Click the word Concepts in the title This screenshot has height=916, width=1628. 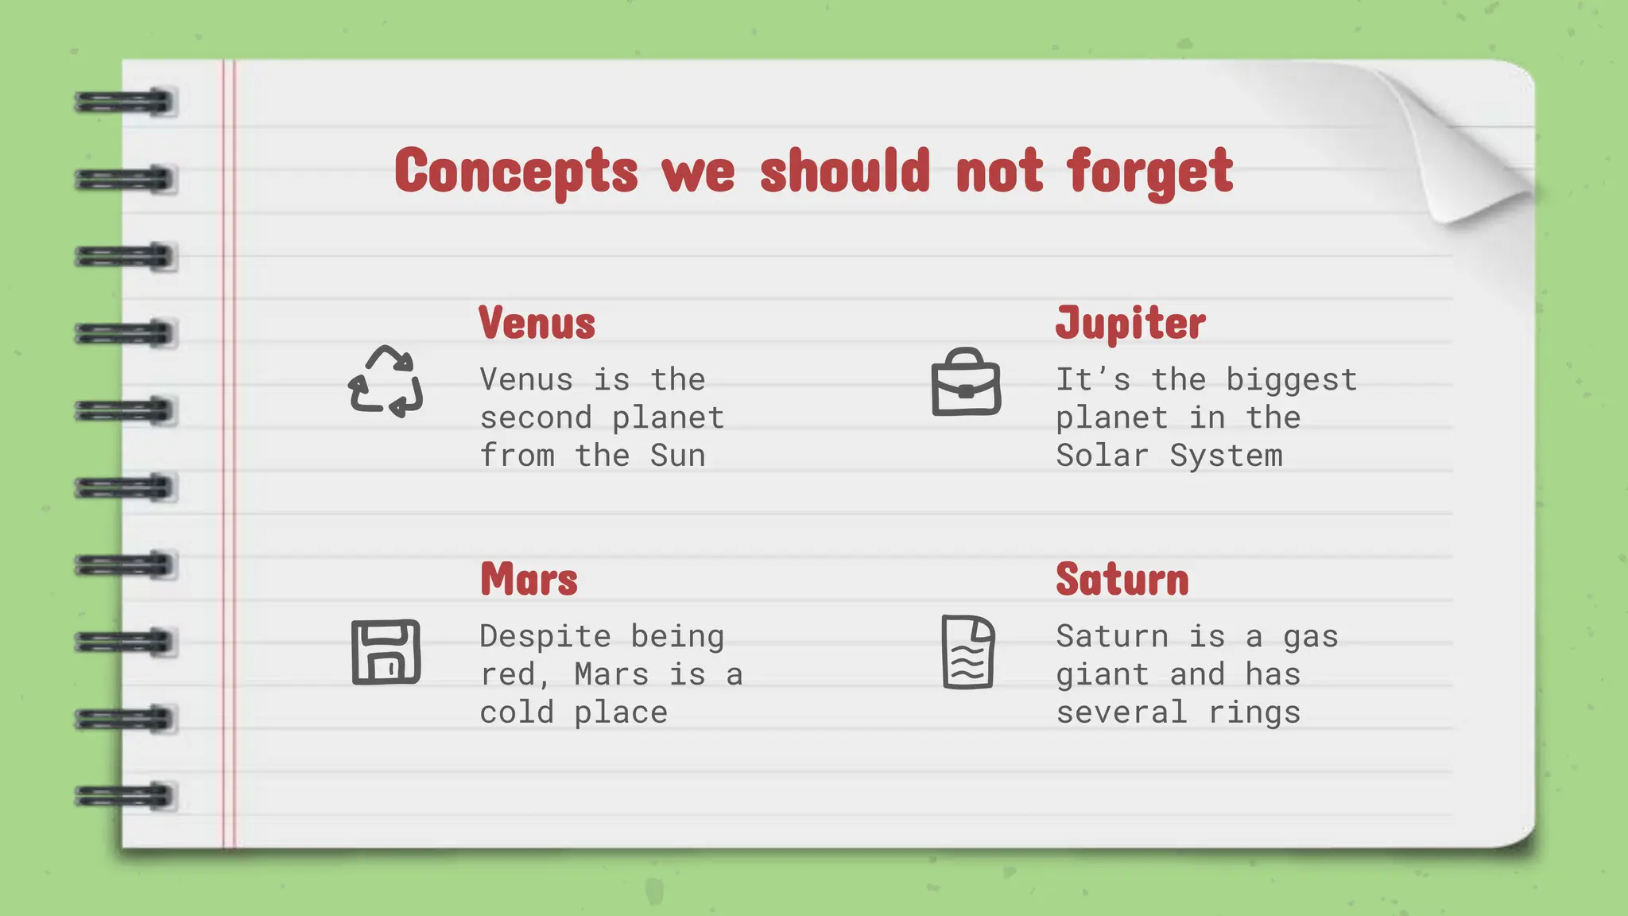(516, 171)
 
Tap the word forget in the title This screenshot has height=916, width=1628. (1149, 171)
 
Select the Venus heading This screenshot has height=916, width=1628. (537, 324)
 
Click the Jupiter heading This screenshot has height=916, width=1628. (1130, 324)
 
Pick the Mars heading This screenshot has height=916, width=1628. (529, 580)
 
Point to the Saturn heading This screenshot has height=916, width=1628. (1122, 580)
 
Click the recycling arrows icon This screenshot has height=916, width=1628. (386, 382)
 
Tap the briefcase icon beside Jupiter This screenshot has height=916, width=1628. (966, 382)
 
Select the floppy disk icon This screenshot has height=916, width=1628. (386, 652)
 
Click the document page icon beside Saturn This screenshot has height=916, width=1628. (967, 652)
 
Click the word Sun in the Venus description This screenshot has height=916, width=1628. (677, 456)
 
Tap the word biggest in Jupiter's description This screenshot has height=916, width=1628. (1291, 380)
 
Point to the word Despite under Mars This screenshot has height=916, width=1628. (545, 636)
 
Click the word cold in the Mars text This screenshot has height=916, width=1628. (517, 712)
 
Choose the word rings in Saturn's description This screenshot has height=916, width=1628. (1254, 712)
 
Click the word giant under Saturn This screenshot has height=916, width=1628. (1102, 674)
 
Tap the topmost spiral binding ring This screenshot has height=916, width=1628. (125, 103)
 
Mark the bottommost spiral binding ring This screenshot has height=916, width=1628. (125, 796)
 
